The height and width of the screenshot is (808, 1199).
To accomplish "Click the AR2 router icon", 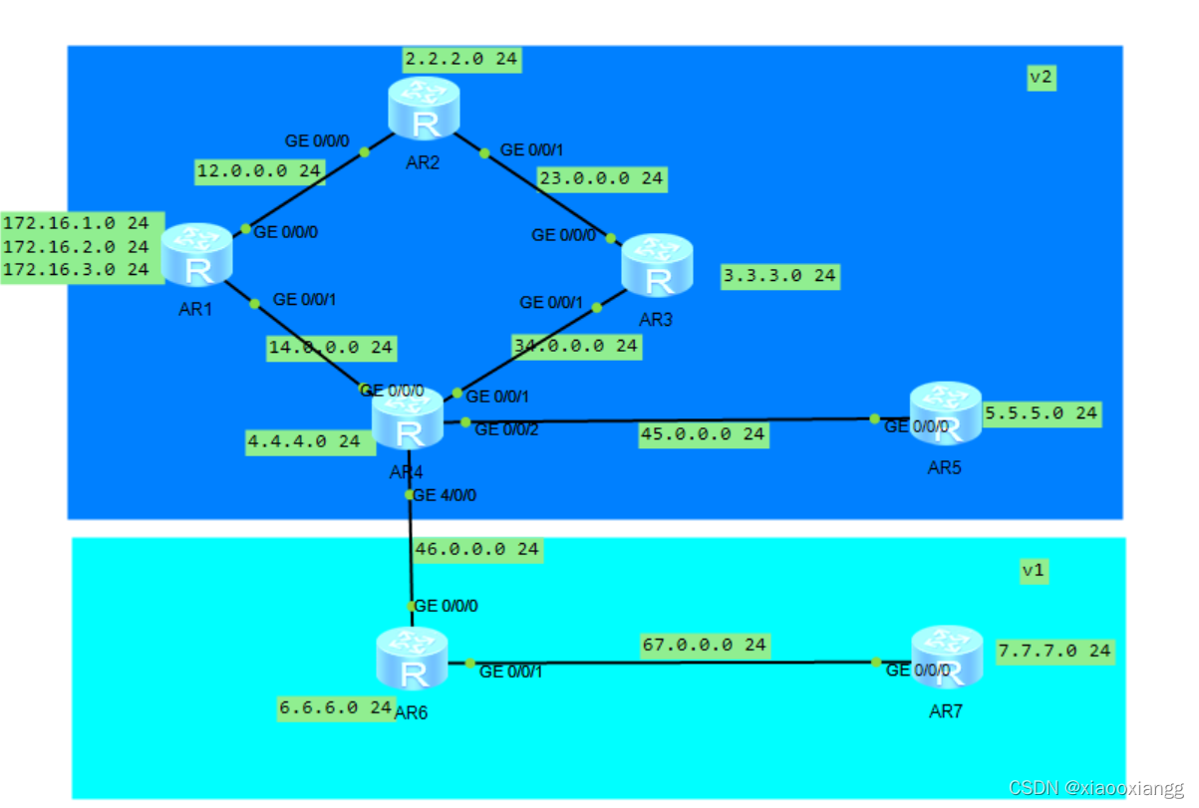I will click(x=424, y=109).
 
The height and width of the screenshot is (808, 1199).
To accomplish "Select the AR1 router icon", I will click(x=195, y=255).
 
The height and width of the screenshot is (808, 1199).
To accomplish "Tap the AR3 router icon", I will click(x=657, y=265).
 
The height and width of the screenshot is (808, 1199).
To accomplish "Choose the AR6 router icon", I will click(x=412, y=659).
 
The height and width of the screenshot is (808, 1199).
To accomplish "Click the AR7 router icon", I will click(x=946, y=658).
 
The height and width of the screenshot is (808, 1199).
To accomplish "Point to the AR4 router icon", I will click(x=408, y=419).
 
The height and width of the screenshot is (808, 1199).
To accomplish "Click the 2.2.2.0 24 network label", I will click(x=462, y=60).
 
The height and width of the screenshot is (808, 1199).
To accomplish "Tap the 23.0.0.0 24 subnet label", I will click(x=601, y=179).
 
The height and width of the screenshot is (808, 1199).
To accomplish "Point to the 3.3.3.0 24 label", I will click(x=780, y=275).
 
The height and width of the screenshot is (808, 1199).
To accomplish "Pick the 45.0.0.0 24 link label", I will click(x=703, y=433).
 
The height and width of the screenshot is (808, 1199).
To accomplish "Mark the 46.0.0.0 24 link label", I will click(x=477, y=549).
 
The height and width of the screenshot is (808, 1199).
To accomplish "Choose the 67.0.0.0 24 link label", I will click(x=704, y=645).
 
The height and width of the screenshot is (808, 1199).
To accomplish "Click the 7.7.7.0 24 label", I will click(x=1054, y=651).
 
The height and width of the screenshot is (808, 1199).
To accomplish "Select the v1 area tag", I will click(x=1035, y=571).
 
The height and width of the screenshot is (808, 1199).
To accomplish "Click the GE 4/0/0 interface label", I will click(x=445, y=495).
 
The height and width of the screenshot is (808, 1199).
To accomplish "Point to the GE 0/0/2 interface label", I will click(x=508, y=430).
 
